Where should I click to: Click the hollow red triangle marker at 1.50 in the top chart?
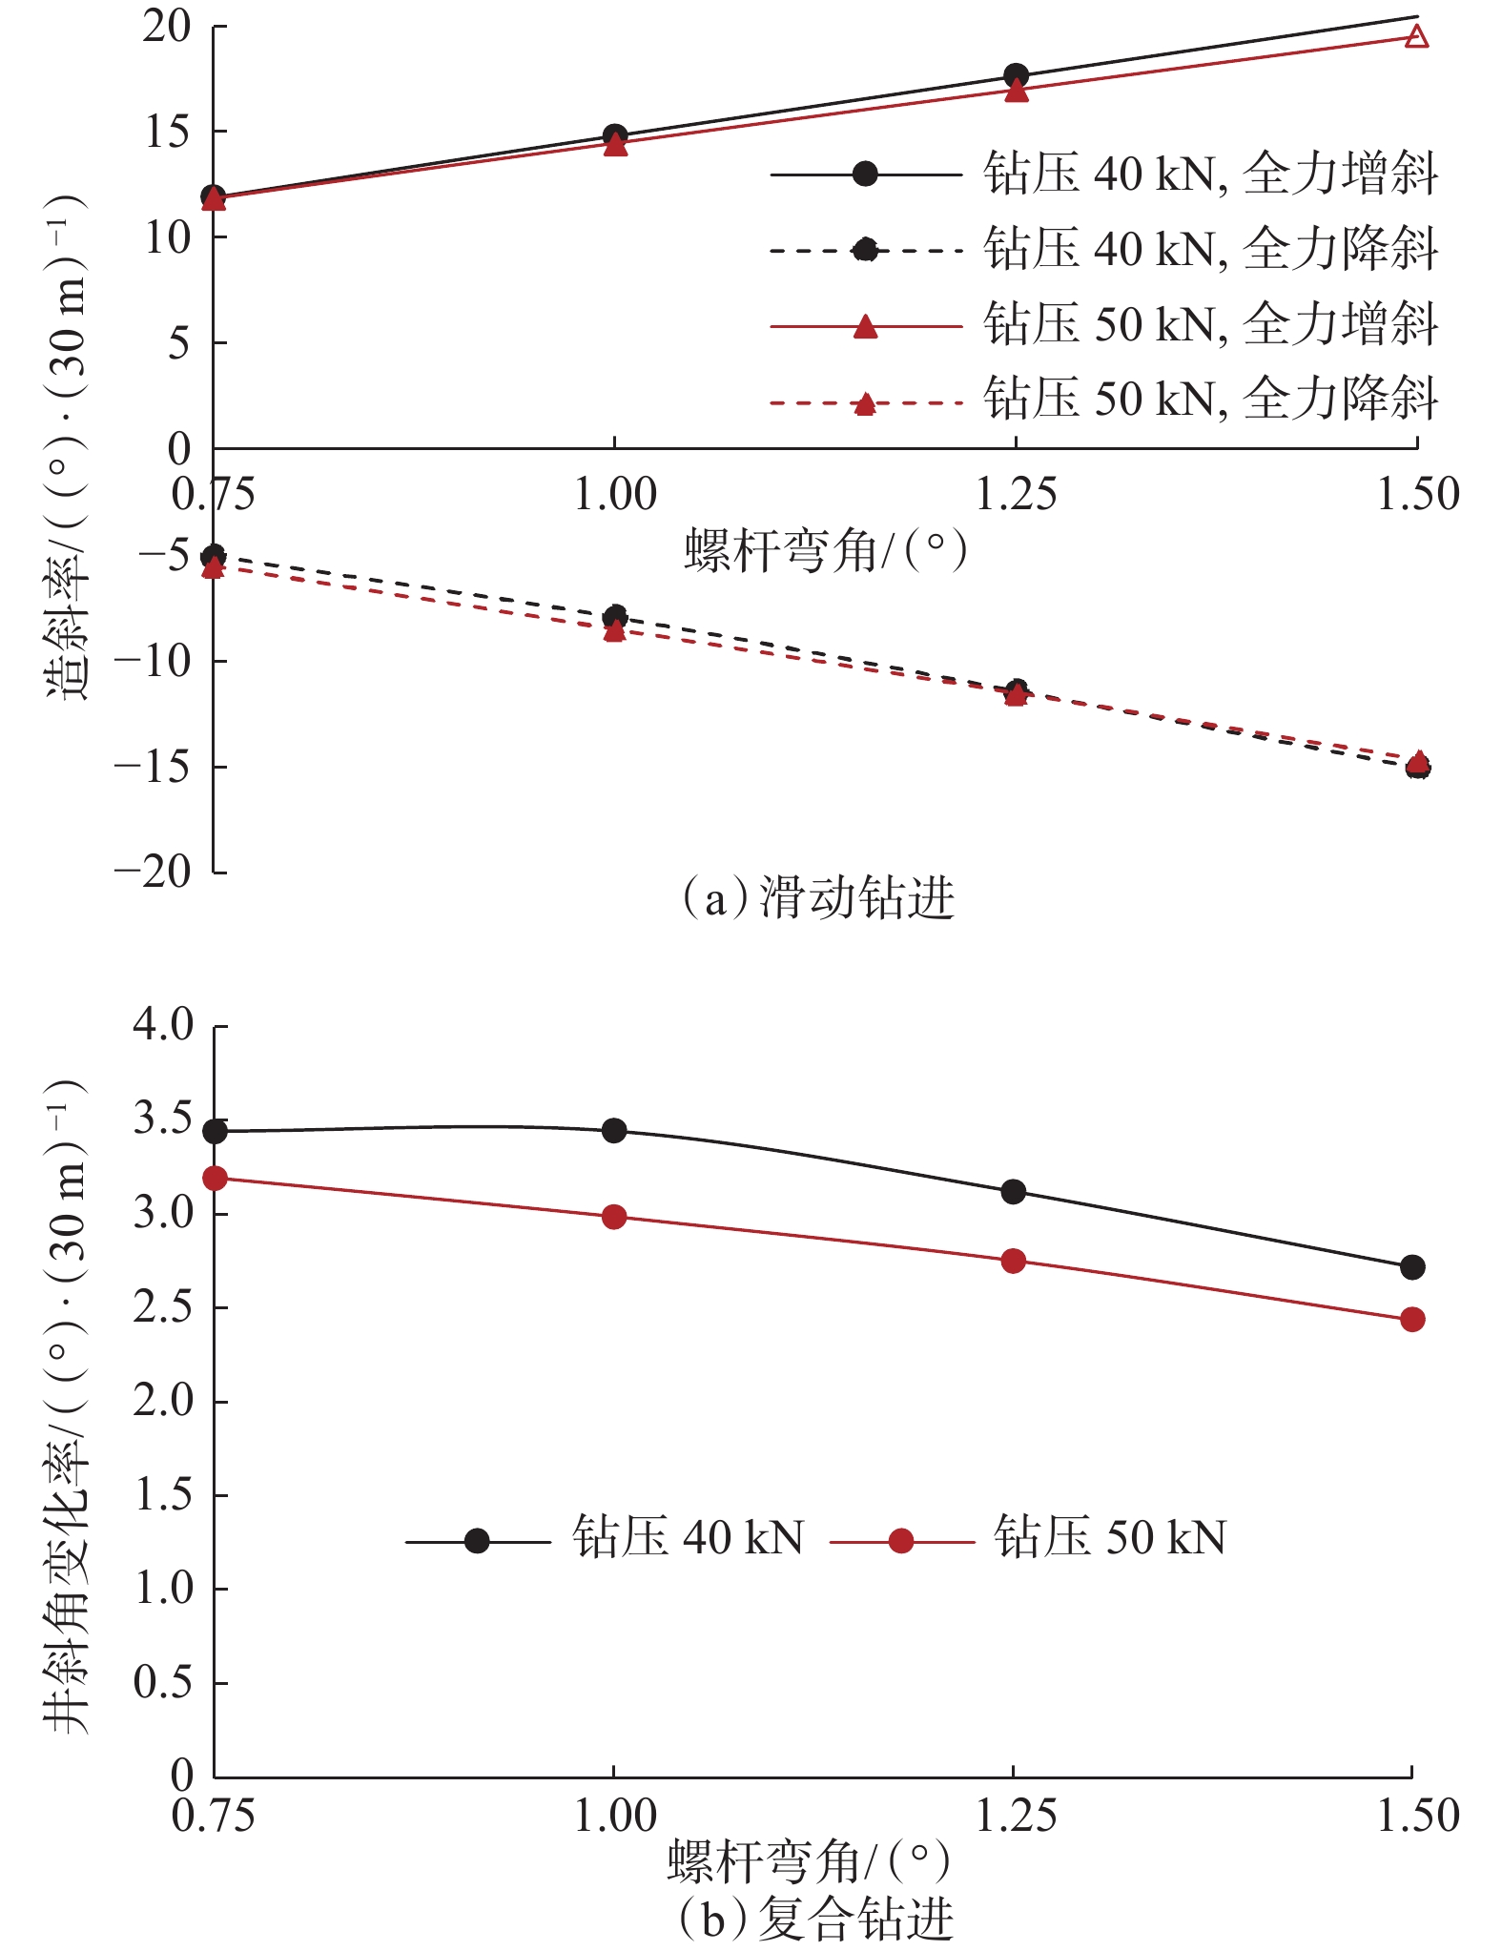[x=1417, y=37]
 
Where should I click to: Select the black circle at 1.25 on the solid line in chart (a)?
[x=1017, y=75]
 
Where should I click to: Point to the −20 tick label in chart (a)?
[x=153, y=871]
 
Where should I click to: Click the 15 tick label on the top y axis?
[x=167, y=132]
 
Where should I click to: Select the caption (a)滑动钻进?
[x=818, y=898]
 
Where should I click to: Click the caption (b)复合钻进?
[x=816, y=1919]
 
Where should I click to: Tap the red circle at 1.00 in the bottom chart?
[x=614, y=1218]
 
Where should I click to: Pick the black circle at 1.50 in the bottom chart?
[x=1412, y=1267]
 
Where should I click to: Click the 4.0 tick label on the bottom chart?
[x=163, y=1024]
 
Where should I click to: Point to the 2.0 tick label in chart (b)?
[x=163, y=1401]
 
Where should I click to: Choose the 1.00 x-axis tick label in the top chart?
[x=615, y=495]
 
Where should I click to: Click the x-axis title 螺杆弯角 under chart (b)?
[x=809, y=1860]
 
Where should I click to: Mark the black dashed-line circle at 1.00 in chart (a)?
[x=615, y=616]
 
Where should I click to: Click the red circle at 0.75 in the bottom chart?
[x=215, y=1179]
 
